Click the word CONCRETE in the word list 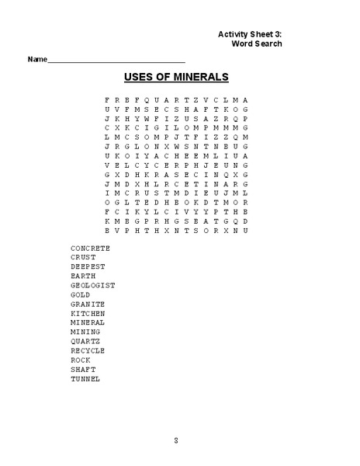[90, 248]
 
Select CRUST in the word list [83, 257]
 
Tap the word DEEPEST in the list [88, 266]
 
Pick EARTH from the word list [83, 276]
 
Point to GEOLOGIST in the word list [92, 285]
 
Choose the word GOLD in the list [81, 294]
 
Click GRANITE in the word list [88, 304]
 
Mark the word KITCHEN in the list [88, 313]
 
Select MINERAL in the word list [88, 322]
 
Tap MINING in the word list [85, 332]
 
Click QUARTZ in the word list [85, 341]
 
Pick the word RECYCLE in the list [88, 350]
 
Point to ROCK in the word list [81, 360]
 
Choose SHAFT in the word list [83, 369]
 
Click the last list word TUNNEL [85, 378]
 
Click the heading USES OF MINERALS [176, 77]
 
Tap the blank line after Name [116, 60]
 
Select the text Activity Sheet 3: [250, 34]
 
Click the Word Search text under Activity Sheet [257, 44]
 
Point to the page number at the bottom [176, 440]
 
